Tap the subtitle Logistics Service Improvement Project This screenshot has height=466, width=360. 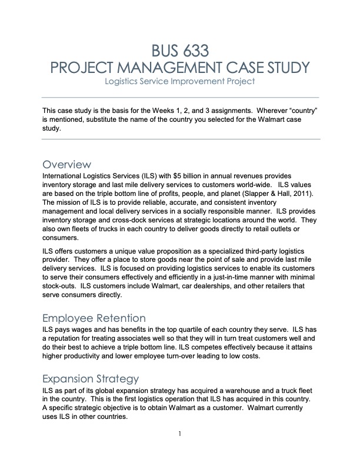click(181, 81)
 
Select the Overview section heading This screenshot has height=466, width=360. click(66, 164)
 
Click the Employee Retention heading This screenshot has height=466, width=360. click(94, 318)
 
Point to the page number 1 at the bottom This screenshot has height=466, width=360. click(181, 435)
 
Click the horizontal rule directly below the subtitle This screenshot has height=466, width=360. click(181, 96)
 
